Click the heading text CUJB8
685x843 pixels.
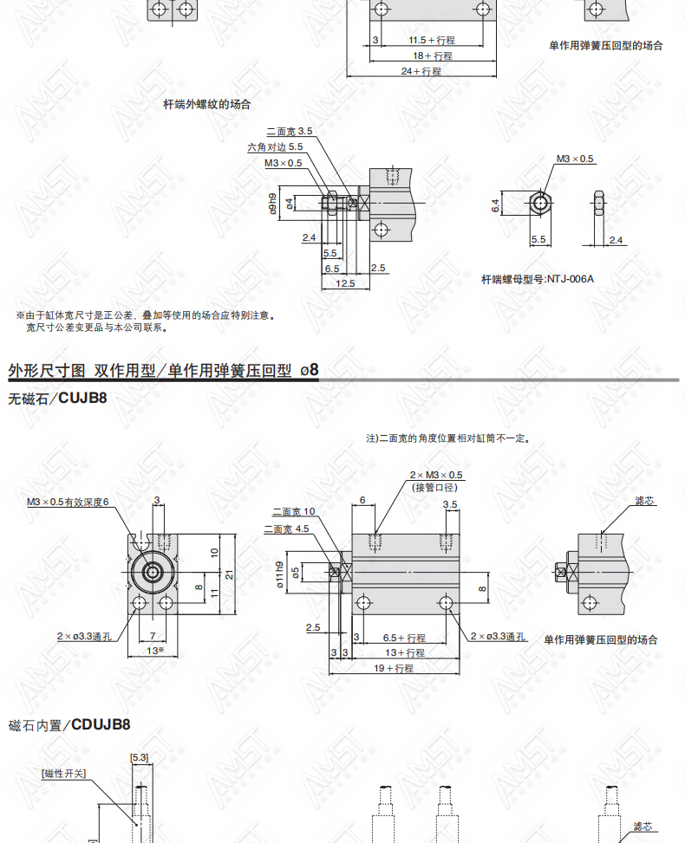82,398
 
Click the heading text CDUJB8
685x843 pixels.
101,724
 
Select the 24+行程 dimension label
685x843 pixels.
421,71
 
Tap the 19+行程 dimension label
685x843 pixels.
394,668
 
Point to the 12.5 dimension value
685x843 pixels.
345,283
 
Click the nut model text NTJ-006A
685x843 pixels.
571,279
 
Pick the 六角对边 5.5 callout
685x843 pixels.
275,146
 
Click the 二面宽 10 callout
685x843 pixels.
294,512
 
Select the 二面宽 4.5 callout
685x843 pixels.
287,529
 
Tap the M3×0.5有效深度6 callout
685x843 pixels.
68,503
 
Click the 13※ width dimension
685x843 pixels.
155,651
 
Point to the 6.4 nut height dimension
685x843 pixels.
495,204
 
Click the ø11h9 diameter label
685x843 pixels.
279,574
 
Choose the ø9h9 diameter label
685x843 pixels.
273,204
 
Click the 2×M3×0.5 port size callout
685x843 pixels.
436,476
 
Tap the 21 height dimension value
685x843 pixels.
230,574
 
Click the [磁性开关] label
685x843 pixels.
63,774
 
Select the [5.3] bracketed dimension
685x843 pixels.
140,757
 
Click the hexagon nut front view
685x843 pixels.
539,204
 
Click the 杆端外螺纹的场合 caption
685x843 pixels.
207,105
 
